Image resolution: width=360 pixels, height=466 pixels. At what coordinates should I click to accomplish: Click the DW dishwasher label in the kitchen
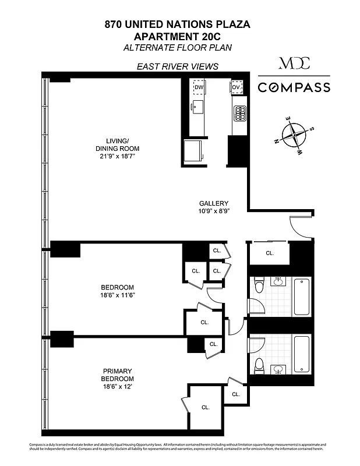(x=199, y=87)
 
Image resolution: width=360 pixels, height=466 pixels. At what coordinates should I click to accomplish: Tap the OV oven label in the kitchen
(x=237, y=87)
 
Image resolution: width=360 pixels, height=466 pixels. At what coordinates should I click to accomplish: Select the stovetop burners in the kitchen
(x=239, y=112)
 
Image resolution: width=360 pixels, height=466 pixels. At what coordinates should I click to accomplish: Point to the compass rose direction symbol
(x=295, y=135)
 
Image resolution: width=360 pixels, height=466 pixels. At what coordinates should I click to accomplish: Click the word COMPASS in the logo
(x=294, y=88)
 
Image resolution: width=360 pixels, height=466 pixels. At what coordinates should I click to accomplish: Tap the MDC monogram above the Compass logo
(x=294, y=63)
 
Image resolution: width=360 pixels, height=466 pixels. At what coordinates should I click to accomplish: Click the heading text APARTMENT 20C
(x=177, y=36)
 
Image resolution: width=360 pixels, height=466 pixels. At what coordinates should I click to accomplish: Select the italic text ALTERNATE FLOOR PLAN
(x=177, y=47)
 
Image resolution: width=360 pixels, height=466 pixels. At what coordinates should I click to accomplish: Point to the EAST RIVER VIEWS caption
(x=177, y=66)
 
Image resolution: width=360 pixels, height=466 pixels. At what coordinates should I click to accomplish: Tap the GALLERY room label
(x=214, y=203)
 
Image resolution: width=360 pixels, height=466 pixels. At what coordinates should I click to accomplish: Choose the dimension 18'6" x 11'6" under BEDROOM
(x=118, y=296)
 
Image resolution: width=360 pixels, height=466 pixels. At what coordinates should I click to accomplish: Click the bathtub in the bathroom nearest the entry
(x=302, y=296)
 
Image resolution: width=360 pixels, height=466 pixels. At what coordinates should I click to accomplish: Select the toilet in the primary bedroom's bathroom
(x=260, y=365)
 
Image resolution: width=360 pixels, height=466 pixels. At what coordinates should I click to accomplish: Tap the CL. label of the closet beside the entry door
(x=270, y=253)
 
